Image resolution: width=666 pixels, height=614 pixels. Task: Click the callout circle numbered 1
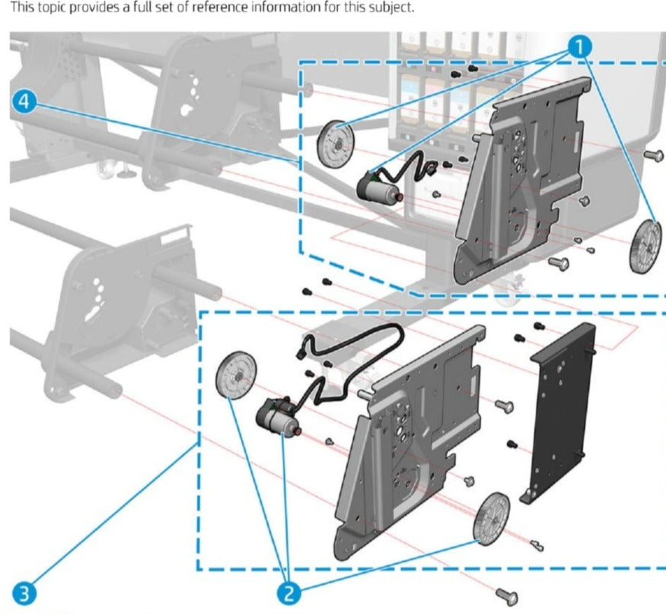pyautogui.click(x=580, y=46)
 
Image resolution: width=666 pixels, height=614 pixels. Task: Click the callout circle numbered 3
pyautogui.click(x=25, y=591)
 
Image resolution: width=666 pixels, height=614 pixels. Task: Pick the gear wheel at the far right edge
pyautogui.click(x=645, y=247)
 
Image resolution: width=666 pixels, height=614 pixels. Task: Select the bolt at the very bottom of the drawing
pyautogui.click(x=507, y=596)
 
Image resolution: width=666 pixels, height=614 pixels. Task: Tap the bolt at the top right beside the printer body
pyautogui.click(x=652, y=156)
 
